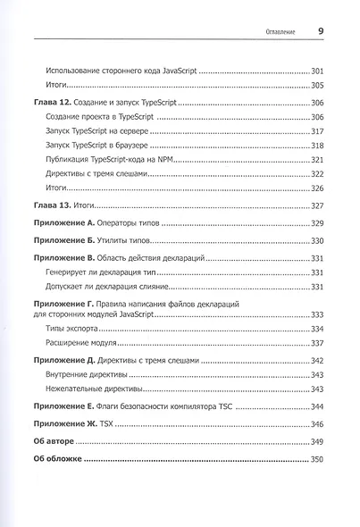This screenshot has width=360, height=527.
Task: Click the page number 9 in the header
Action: [320, 29]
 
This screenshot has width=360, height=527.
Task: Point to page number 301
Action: [316, 70]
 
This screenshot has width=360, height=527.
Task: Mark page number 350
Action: [316, 459]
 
